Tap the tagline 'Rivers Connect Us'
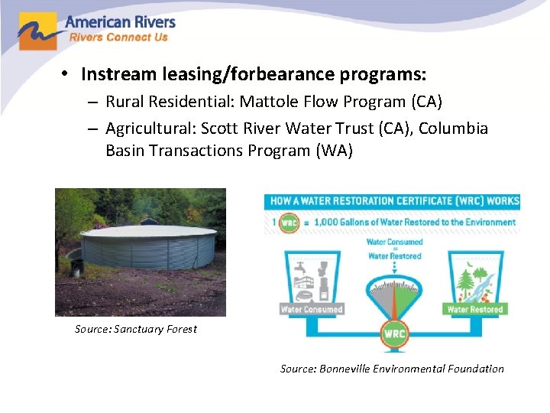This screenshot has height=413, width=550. [118, 37]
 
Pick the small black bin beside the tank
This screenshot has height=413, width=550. [76, 268]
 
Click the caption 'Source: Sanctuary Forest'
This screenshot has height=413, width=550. [136, 329]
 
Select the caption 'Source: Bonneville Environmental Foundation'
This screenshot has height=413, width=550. [392, 369]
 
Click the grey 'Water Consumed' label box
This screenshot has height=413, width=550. [312, 310]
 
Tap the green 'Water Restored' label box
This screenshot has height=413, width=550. [474, 310]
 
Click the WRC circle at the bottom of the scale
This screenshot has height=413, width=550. [394, 334]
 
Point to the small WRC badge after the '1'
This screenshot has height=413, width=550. [288, 222]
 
